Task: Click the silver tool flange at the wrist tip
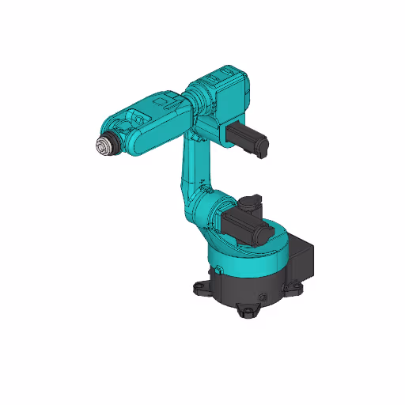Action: click(102, 147)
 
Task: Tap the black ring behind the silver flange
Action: click(112, 145)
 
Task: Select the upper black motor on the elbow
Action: click(247, 135)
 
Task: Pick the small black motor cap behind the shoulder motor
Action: click(251, 202)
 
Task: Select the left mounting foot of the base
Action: click(199, 286)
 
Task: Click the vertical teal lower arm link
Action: click(195, 170)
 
